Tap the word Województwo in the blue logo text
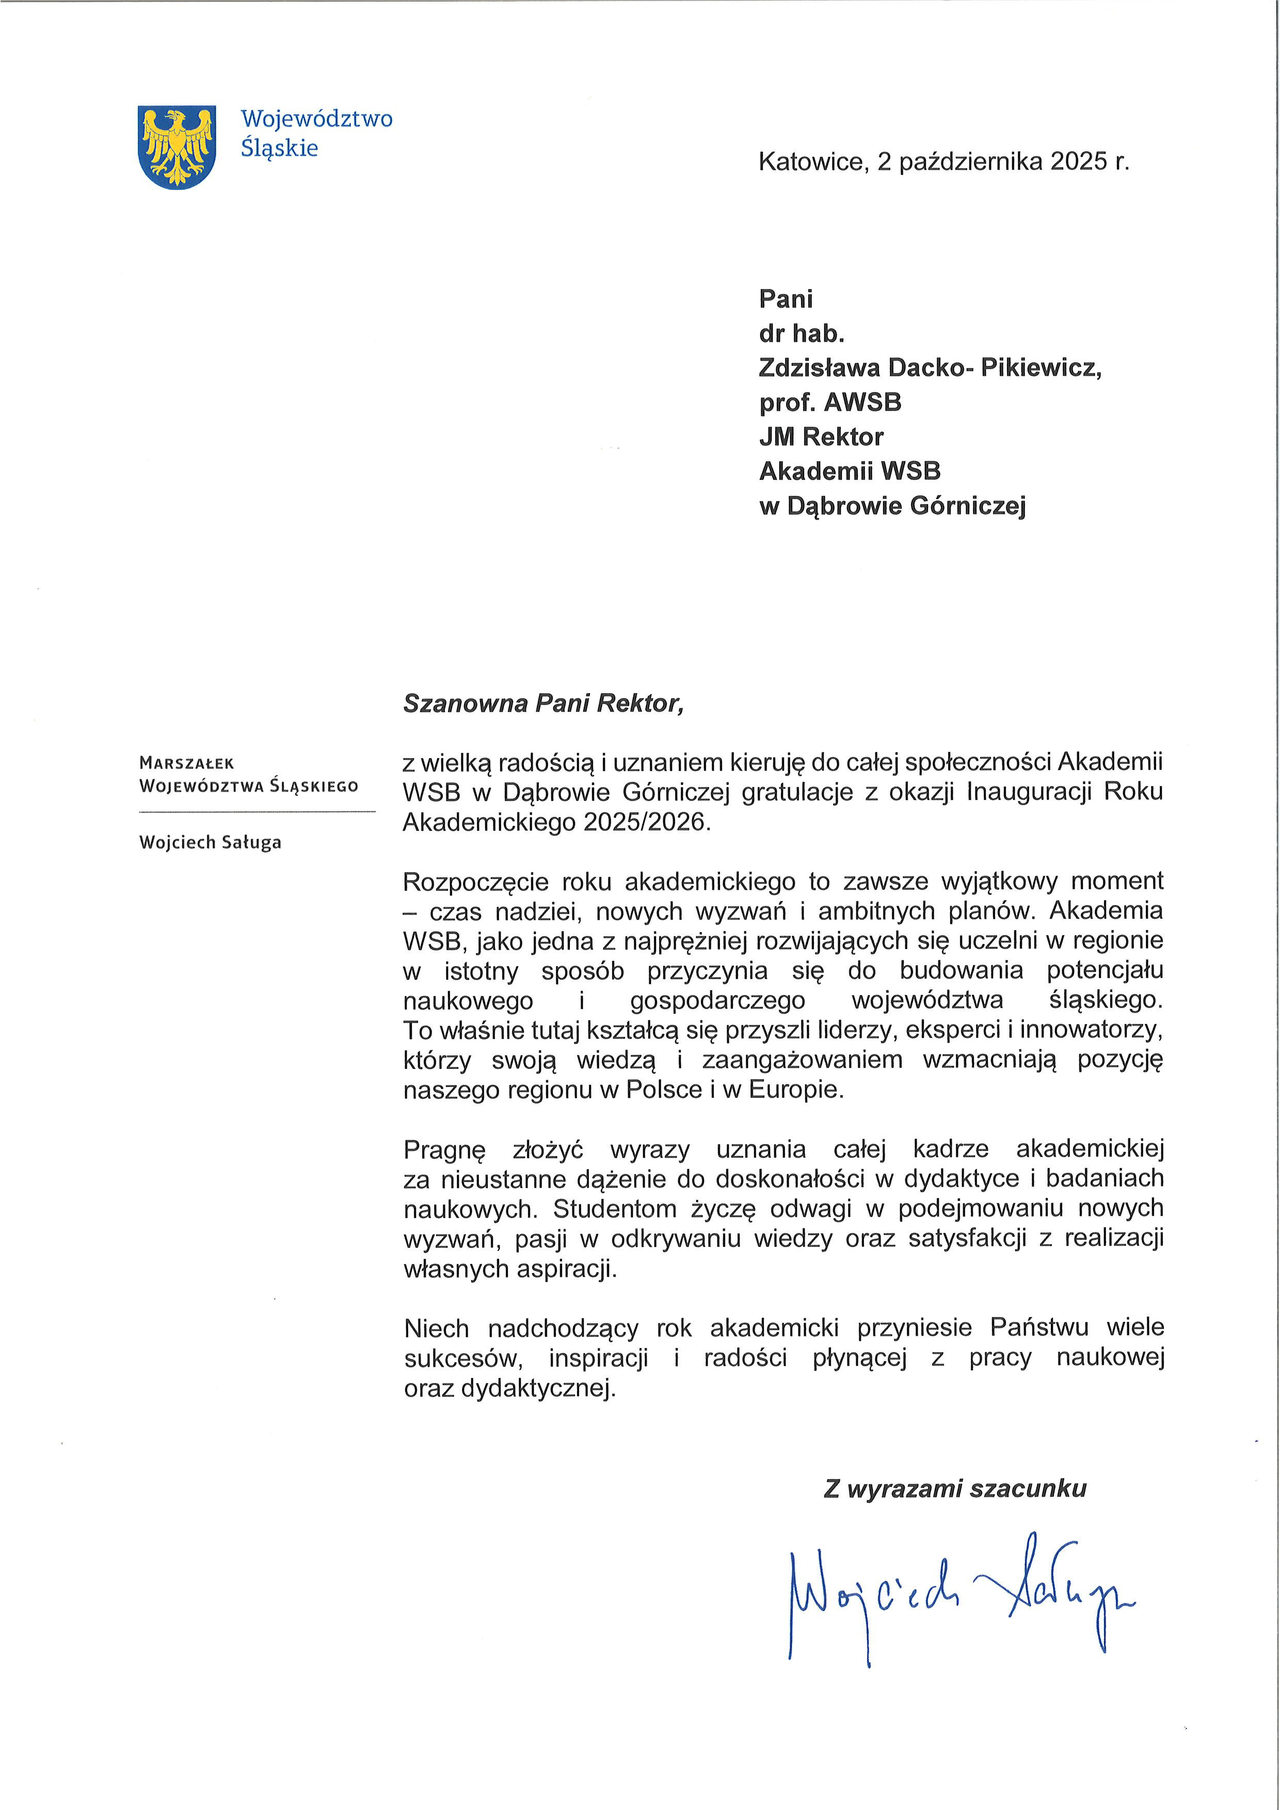(x=316, y=119)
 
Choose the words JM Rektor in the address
(x=821, y=437)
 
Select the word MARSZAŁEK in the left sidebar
(x=186, y=763)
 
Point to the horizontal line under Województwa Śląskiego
(x=257, y=811)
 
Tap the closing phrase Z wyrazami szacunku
(x=954, y=1489)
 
